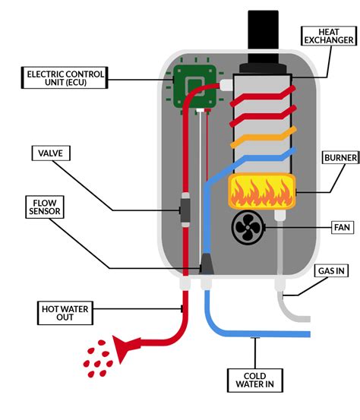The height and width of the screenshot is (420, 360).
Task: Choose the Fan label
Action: tap(338, 226)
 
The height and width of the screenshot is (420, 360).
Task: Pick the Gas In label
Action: tap(332, 271)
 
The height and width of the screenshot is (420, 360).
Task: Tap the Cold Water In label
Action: tap(255, 378)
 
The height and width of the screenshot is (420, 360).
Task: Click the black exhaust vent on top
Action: tap(263, 38)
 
